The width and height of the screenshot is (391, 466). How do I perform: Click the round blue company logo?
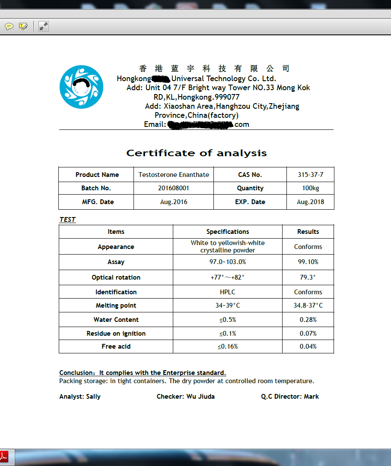coord(81,87)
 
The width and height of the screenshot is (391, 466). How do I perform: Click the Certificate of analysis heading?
coord(196,153)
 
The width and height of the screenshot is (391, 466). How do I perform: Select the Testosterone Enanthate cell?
coord(174,175)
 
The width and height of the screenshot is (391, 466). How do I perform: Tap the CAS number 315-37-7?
coord(310,175)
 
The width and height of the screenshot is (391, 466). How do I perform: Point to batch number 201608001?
coord(174,188)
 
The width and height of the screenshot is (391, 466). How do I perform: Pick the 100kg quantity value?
coord(310,188)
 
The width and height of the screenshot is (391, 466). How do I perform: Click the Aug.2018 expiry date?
coord(310,202)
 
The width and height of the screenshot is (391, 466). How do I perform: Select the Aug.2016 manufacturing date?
coord(174,202)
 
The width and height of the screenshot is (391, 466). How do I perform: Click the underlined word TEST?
coord(67,220)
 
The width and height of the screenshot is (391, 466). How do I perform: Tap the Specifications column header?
coord(228,232)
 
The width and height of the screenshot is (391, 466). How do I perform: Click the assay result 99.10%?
coord(308,262)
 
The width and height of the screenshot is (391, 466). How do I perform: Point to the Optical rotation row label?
coord(116,277)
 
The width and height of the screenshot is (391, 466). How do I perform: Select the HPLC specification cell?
coord(228,292)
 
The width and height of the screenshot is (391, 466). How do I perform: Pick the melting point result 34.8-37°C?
coord(308,305)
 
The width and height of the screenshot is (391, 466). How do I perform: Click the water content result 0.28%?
coord(308,320)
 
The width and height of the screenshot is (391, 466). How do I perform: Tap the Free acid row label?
coord(116,346)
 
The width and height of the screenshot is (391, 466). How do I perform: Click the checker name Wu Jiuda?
coord(200,397)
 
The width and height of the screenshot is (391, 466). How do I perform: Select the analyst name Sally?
coord(93,397)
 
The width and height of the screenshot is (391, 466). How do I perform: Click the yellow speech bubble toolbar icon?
coord(9,26)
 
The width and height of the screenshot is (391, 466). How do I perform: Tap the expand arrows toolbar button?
coord(43,26)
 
